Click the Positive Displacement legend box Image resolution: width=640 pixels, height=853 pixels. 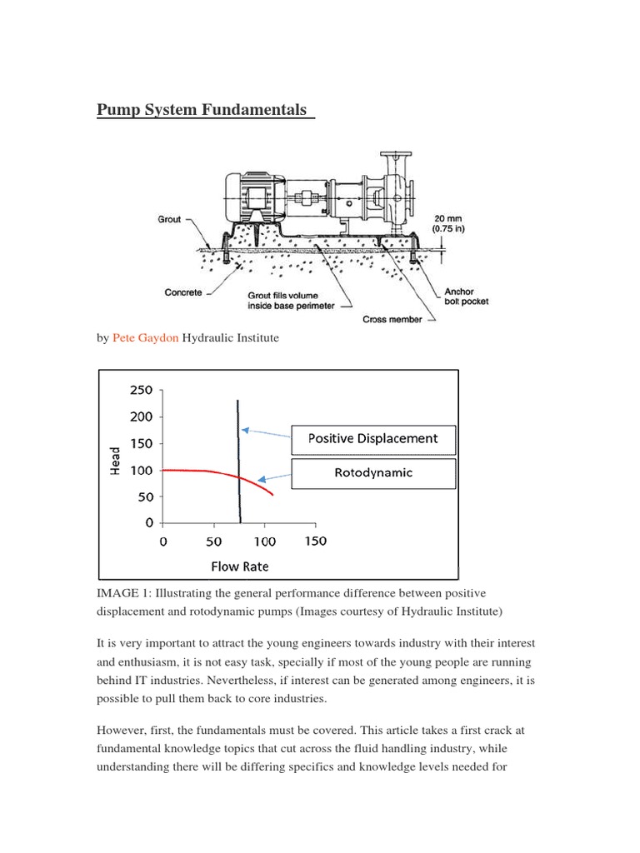pyautogui.click(x=373, y=438)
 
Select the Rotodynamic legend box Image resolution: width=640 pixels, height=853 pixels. pyautogui.click(x=373, y=472)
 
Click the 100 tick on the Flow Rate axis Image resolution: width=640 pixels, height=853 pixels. pyautogui.click(x=264, y=541)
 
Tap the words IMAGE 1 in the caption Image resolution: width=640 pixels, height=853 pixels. pyautogui.click(x=124, y=592)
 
